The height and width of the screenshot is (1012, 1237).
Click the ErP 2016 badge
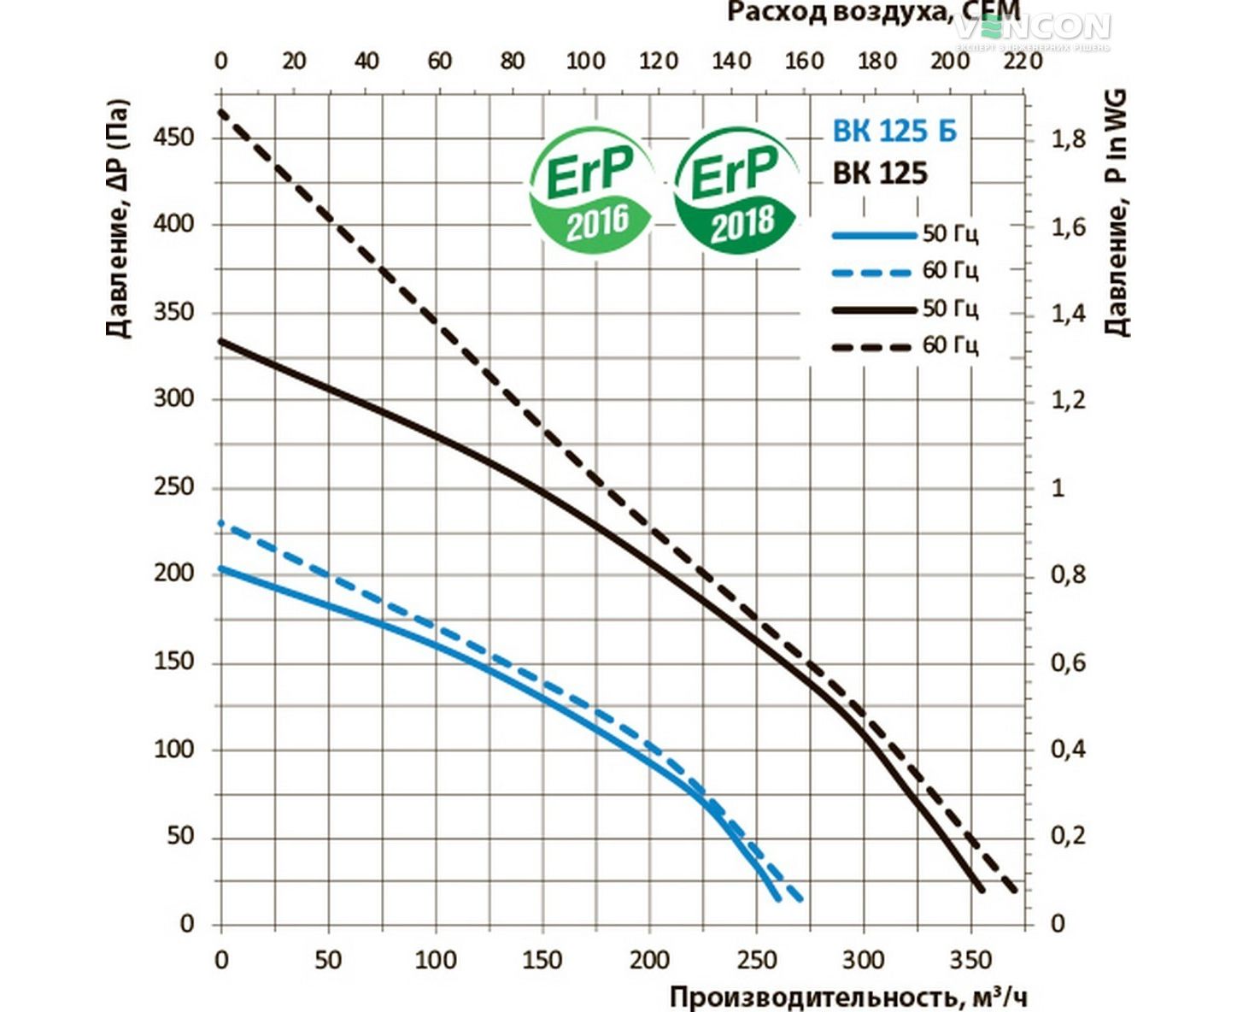(592, 190)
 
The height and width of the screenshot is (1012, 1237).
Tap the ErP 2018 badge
(737, 190)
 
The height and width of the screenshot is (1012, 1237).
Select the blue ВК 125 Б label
(894, 131)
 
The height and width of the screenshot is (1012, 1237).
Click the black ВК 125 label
(880, 174)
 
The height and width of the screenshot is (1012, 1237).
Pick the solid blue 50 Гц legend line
(873, 234)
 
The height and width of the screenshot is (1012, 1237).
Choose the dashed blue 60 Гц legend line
(873, 272)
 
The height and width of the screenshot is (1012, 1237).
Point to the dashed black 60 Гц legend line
(873, 347)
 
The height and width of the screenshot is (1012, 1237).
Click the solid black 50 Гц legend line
(873, 309)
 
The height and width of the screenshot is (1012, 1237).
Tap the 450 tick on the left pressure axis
(173, 137)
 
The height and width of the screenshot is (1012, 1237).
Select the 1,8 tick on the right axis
(1068, 138)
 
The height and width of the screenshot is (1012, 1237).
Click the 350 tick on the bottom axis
(970, 960)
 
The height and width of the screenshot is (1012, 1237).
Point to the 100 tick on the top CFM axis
(585, 62)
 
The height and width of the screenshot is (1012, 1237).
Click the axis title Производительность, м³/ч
(847, 997)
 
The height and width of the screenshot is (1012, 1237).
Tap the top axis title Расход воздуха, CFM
(873, 12)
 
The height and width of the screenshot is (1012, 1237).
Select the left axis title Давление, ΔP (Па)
(119, 219)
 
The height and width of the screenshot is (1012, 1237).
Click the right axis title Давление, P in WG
(1116, 214)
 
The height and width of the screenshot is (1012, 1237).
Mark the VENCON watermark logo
(1034, 29)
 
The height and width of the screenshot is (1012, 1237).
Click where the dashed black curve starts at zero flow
(221, 111)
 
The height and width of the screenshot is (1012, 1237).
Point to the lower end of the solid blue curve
(776, 897)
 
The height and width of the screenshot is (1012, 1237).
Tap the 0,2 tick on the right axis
(1068, 836)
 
